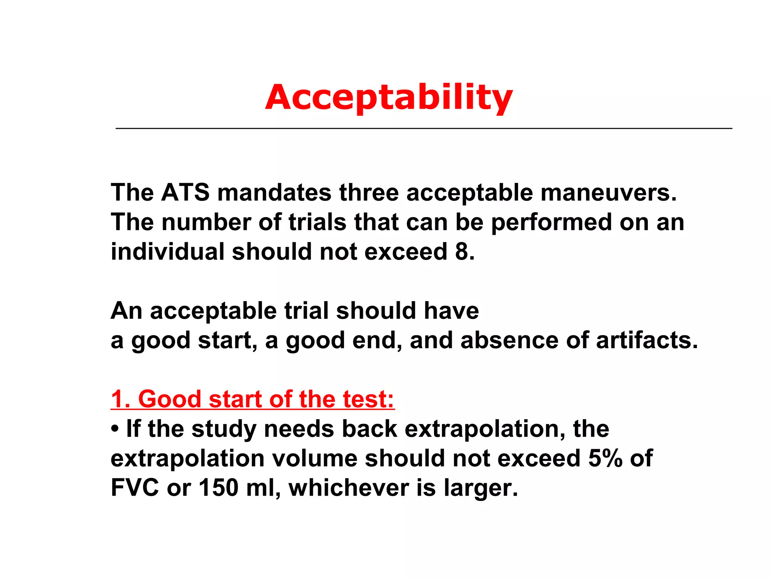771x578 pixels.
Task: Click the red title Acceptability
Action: coord(389,97)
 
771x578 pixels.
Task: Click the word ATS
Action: coord(185,193)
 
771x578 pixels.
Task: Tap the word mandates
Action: coord(274,193)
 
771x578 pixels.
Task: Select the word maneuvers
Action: coord(608,193)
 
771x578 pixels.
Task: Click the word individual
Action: coord(167,251)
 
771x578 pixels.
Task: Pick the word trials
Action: coord(317,222)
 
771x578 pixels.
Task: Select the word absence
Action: coord(509,340)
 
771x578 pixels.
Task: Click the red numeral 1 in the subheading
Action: coord(118,399)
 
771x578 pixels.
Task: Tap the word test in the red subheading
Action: coord(368,399)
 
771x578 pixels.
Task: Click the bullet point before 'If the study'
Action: coord(115,429)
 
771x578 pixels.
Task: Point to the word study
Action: coord(224,429)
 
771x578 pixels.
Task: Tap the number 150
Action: coord(219,488)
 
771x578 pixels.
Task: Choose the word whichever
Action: coord(349,488)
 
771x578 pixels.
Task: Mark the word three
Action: coord(369,193)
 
